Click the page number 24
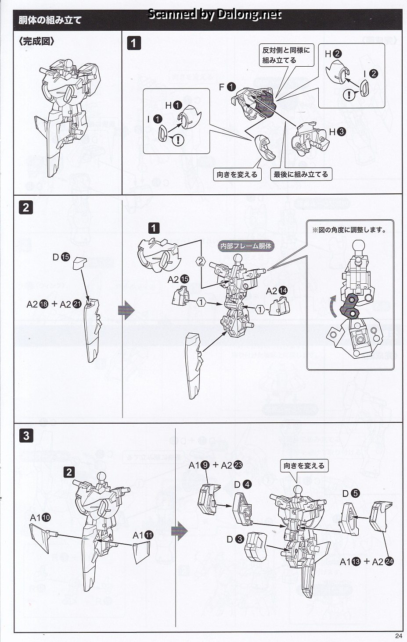coord(398,636)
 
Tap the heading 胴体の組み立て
coord(50,20)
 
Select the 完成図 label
coord(37,42)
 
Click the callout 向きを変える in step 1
coord(237,175)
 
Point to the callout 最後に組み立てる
coord(301,175)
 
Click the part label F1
coord(227,87)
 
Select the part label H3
coord(337,132)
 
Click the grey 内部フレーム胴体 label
coord(246,246)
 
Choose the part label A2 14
coord(277,291)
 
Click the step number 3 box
coord(26,435)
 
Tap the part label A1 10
coord(40,518)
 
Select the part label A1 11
coord(143,535)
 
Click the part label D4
coord(243,485)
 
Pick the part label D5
coord(351,494)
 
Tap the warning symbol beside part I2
coord(349,94)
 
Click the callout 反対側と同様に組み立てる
coord(286,55)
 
